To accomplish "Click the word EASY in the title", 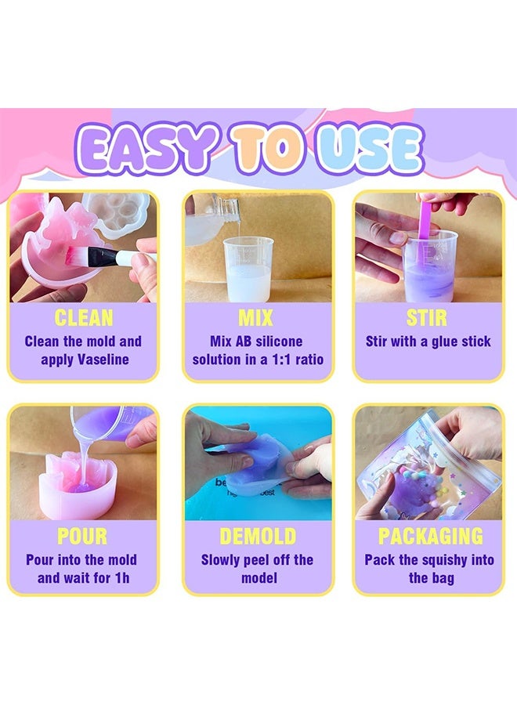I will coord(146,148).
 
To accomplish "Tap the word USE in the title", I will coord(369,148).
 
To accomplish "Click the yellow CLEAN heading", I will coord(83,318).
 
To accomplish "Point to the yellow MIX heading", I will coord(256,318).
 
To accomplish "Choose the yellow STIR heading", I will coord(428,318).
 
